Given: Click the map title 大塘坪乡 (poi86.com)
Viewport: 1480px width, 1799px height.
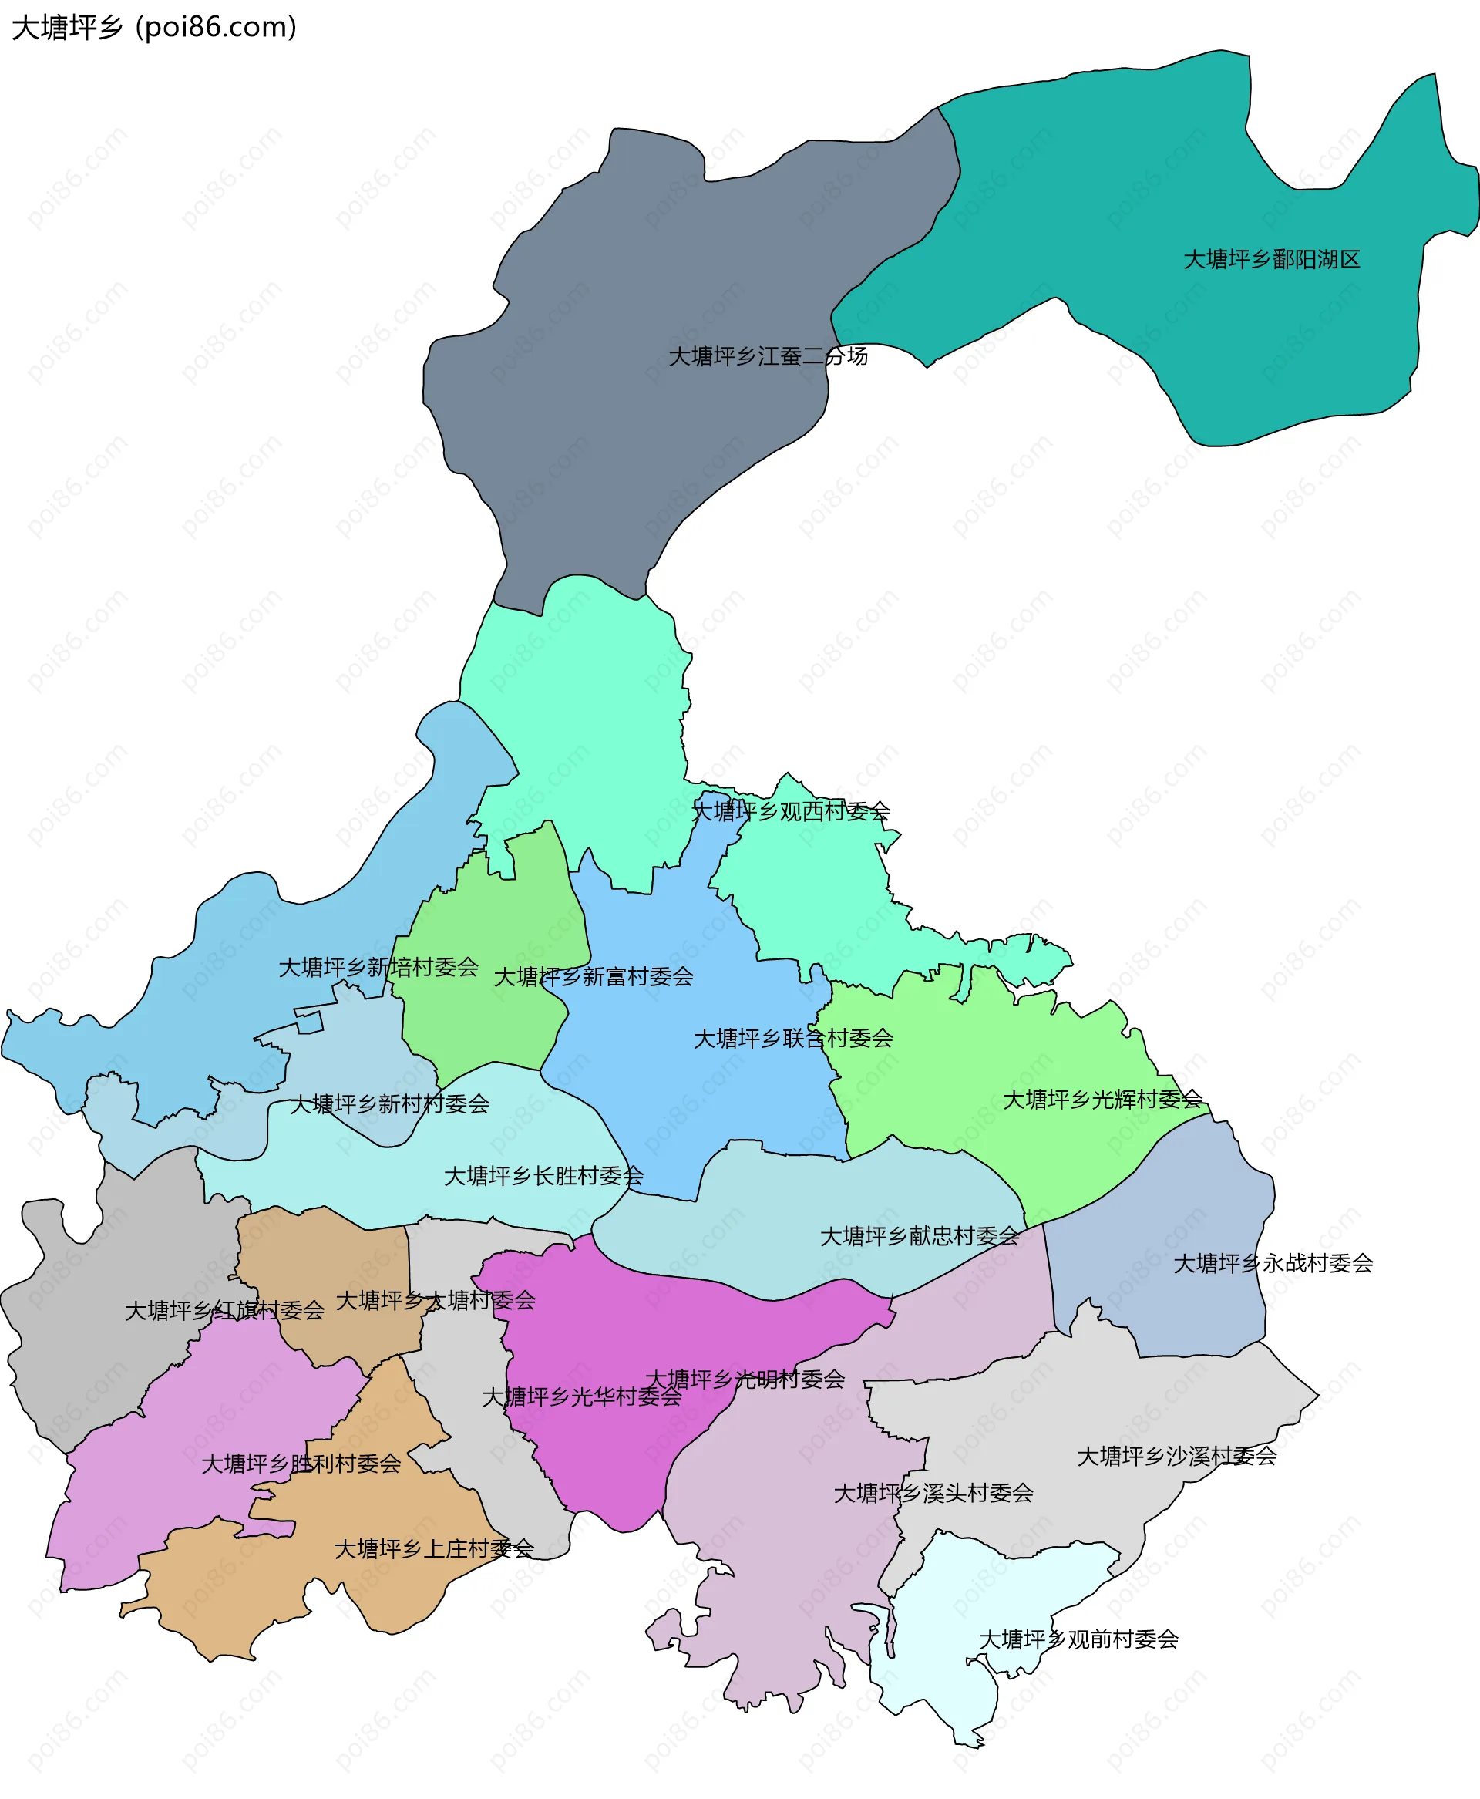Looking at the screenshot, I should tap(154, 27).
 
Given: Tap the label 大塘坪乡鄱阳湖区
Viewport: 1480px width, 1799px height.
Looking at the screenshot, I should tap(1271, 259).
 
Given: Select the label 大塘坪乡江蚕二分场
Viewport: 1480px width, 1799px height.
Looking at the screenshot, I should tap(767, 356).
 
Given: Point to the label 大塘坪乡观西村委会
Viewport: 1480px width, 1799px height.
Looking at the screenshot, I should tap(790, 811).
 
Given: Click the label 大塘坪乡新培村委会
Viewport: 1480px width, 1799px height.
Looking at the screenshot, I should tap(378, 967).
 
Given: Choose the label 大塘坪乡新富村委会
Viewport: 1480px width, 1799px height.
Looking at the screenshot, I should tap(594, 976).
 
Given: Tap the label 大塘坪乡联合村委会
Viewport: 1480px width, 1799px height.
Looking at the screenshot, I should tap(793, 1039).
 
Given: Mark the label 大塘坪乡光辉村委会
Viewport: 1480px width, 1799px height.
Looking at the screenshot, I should tap(1102, 1099).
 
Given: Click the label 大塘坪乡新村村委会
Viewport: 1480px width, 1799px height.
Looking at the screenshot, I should tap(389, 1104).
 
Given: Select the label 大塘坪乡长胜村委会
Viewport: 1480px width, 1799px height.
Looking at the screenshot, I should tap(544, 1176).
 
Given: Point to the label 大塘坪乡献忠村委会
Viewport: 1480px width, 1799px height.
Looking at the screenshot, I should tap(919, 1236).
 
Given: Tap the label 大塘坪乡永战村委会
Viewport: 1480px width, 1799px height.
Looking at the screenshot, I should tap(1273, 1264).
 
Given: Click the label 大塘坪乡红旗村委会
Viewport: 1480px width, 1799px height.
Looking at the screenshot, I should tap(225, 1310).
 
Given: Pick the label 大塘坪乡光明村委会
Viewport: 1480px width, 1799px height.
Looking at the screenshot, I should tap(745, 1379).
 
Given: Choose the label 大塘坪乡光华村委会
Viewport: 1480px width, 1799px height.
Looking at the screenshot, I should tap(582, 1396).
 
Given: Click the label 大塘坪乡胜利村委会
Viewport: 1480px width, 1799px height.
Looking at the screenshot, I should tap(301, 1464).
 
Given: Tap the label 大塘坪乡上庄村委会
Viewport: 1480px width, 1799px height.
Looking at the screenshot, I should tap(434, 1548).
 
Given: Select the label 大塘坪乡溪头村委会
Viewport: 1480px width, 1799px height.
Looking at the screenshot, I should tap(933, 1493).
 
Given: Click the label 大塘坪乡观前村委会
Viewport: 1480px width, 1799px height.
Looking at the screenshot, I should tap(1078, 1639).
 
